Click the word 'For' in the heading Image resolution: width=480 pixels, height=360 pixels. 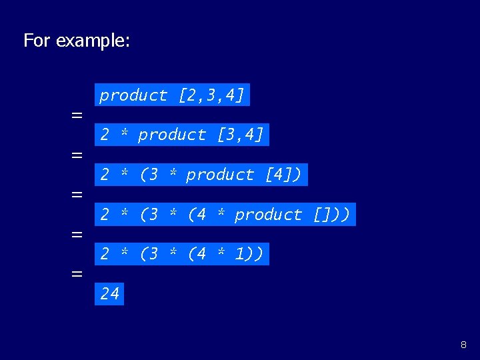pyautogui.click(x=37, y=41)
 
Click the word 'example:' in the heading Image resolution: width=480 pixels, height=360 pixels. pyautogui.click(x=93, y=41)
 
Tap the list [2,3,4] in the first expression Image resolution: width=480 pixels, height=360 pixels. pyautogui.click(x=211, y=95)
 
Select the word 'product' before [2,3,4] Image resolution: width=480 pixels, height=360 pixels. pyautogui.click(x=133, y=95)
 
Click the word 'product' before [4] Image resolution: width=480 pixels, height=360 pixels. pyautogui.click(x=220, y=175)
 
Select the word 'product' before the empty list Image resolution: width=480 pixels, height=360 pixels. pyautogui.click(x=269, y=215)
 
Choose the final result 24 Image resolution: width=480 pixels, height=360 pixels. pyautogui.click(x=109, y=293)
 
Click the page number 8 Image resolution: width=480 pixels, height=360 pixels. pyautogui.click(x=463, y=345)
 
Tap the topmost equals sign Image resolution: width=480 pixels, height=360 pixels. pyautogui.click(x=77, y=115)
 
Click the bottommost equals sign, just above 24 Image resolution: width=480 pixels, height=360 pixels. pyautogui.click(x=77, y=274)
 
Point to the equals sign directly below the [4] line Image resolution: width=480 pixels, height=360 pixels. pyautogui.click(x=77, y=195)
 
